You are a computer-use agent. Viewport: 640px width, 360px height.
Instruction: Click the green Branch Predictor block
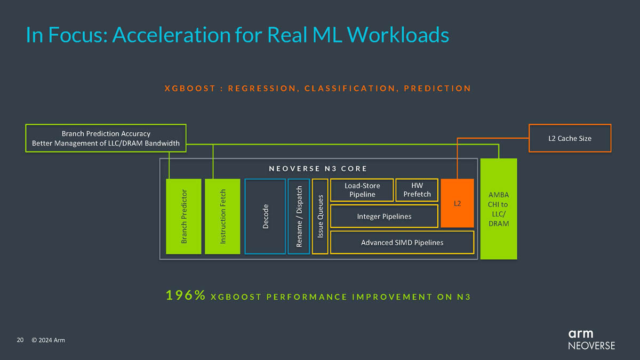click(x=184, y=216)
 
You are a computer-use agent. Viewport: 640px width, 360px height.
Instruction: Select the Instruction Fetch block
click(x=222, y=216)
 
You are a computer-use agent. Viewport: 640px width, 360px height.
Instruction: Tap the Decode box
click(x=265, y=216)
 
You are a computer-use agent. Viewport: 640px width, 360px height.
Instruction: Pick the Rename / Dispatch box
click(x=299, y=216)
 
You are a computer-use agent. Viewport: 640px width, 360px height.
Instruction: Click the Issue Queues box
click(x=320, y=216)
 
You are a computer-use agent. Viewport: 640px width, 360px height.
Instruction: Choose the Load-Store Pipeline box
click(x=362, y=190)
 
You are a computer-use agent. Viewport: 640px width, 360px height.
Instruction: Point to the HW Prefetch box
click(x=417, y=190)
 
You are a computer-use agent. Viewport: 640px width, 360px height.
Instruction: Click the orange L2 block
click(x=457, y=203)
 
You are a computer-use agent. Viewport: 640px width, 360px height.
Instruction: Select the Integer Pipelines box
click(x=384, y=216)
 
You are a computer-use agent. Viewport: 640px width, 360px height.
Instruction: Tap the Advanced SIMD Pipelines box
click(x=402, y=243)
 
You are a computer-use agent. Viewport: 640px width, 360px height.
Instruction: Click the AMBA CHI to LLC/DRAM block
click(x=499, y=209)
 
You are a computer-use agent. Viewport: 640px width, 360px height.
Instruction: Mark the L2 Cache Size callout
click(x=570, y=139)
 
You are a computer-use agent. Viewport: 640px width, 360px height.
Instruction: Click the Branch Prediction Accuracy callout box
click(x=106, y=138)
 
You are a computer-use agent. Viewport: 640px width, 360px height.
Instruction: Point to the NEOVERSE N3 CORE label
click(x=318, y=169)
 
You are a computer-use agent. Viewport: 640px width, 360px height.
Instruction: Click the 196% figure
click(x=186, y=296)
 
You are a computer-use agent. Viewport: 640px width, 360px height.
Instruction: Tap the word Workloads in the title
click(x=398, y=35)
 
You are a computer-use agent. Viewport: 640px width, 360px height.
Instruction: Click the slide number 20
click(x=20, y=340)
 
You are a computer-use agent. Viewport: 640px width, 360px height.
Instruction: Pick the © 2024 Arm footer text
click(x=48, y=340)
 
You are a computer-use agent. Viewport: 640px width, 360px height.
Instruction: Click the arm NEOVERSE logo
click(x=591, y=339)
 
